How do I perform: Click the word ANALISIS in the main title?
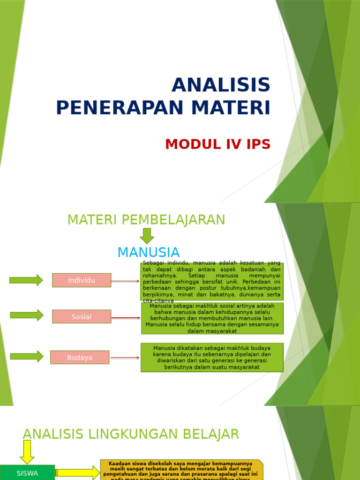click(x=221, y=85)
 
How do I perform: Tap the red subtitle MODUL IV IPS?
click(x=218, y=144)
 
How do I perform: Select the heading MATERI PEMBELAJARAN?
click(x=146, y=220)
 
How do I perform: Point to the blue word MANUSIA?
click(x=148, y=252)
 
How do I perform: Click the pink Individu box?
click(x=82, y=280)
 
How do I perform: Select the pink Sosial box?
click(x=82, y=316)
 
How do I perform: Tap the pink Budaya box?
click(x=80, y=357)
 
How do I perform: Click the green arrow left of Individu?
click(x=26, y=280)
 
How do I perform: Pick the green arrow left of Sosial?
click(x=26, y=315)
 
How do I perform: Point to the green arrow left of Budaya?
click(x=26, y=356)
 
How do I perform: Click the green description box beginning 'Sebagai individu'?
click(x=212, y=281)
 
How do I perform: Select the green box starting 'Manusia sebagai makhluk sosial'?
click(x=212, y=318)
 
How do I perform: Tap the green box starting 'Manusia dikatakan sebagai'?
click(x=212, y=357)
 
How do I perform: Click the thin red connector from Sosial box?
click(x=126, y=318)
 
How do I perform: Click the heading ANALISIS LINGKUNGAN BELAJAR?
click(x=131, y=434)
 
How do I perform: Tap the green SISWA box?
click(x=27, y=473)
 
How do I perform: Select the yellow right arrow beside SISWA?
click(x=77, y=473)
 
